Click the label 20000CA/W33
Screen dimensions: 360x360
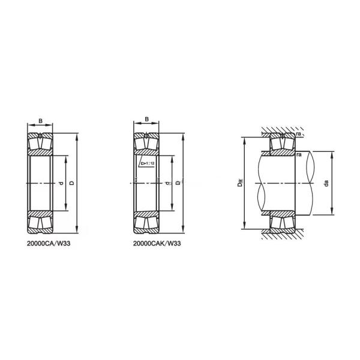click(53, 244)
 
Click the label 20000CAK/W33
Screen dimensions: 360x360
click(157, 244)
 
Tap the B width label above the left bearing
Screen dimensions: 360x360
click(40, 121)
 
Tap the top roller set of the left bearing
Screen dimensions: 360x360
click(40, 142)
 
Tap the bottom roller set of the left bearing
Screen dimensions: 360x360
click(40, 223)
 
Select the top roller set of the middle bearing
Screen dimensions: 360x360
click(146, 142)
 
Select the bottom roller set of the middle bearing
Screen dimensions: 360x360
click(146, 223)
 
